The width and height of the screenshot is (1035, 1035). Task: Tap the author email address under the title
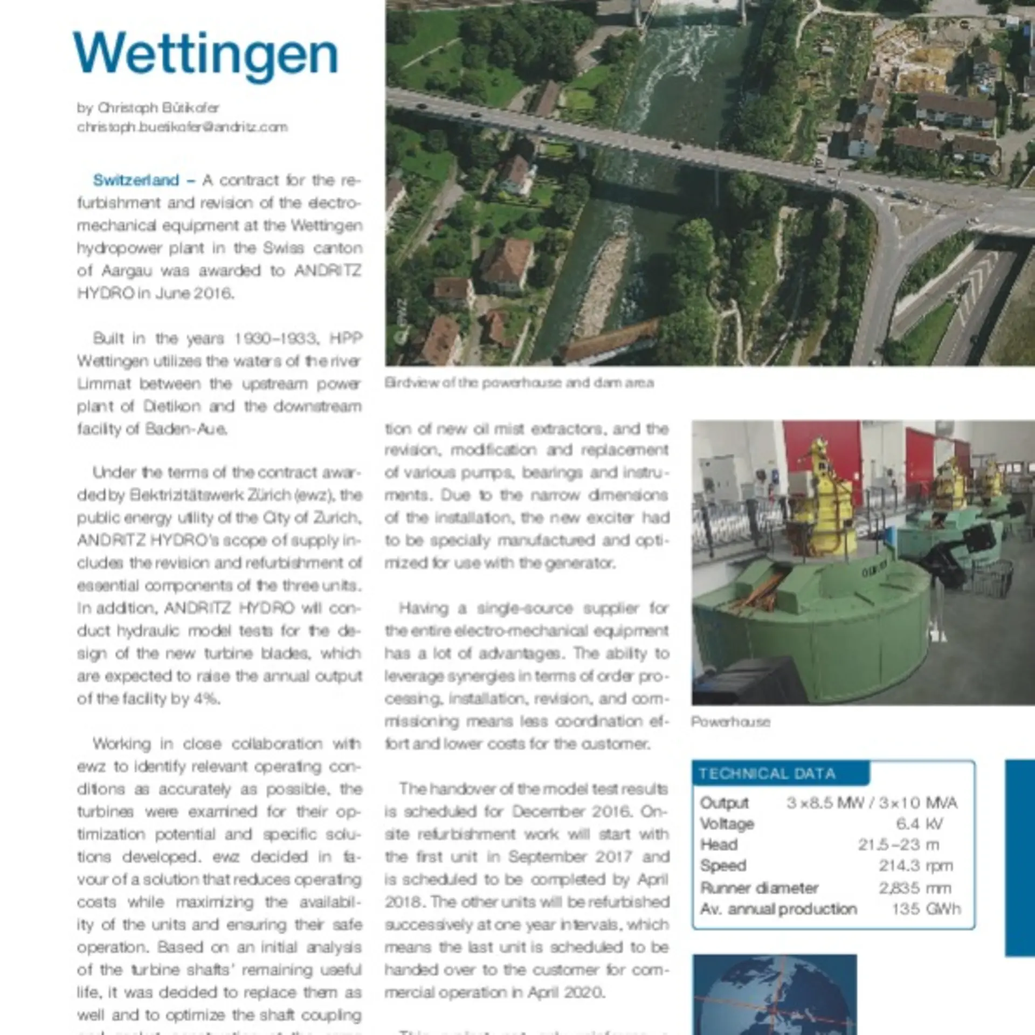(182, 127)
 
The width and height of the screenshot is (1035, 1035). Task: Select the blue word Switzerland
(136, 180)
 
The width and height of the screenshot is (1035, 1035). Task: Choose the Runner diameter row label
(758, 888)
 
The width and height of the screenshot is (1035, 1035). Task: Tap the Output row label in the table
(724, 803)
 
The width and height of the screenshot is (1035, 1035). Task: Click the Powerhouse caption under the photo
(730, 722)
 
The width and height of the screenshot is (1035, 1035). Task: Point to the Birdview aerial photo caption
(519, 383)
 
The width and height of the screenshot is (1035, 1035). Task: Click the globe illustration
(774, 997)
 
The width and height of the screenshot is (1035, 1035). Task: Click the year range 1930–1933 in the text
(274, 339)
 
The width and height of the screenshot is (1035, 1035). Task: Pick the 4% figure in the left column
(206, 699)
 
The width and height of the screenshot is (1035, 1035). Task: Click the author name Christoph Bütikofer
(158, 108)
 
